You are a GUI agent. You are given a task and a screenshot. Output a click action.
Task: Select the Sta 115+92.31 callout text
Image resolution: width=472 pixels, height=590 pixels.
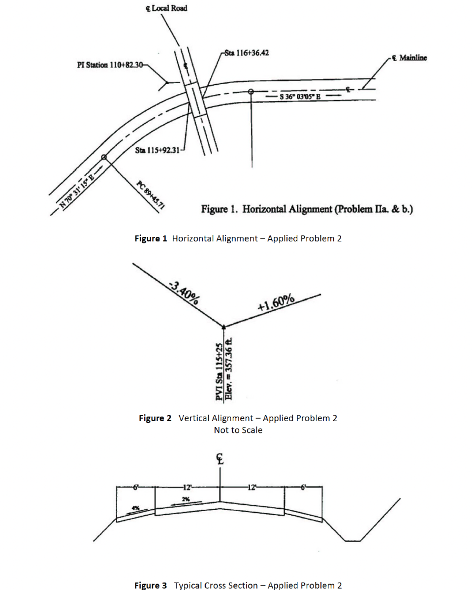pos(158,150)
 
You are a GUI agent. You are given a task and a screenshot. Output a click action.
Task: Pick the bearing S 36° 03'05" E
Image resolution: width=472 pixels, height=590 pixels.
pos(300,96)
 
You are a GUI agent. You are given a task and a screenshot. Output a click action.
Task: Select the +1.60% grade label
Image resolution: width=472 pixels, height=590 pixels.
pos(277,302)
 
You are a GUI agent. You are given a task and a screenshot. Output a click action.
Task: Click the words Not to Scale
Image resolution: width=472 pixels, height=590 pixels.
pos(238,430)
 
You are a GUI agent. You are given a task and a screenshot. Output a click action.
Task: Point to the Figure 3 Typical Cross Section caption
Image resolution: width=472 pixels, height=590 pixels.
pos(238,585)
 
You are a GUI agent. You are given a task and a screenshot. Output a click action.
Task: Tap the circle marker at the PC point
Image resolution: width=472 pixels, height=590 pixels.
pos(104,157)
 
